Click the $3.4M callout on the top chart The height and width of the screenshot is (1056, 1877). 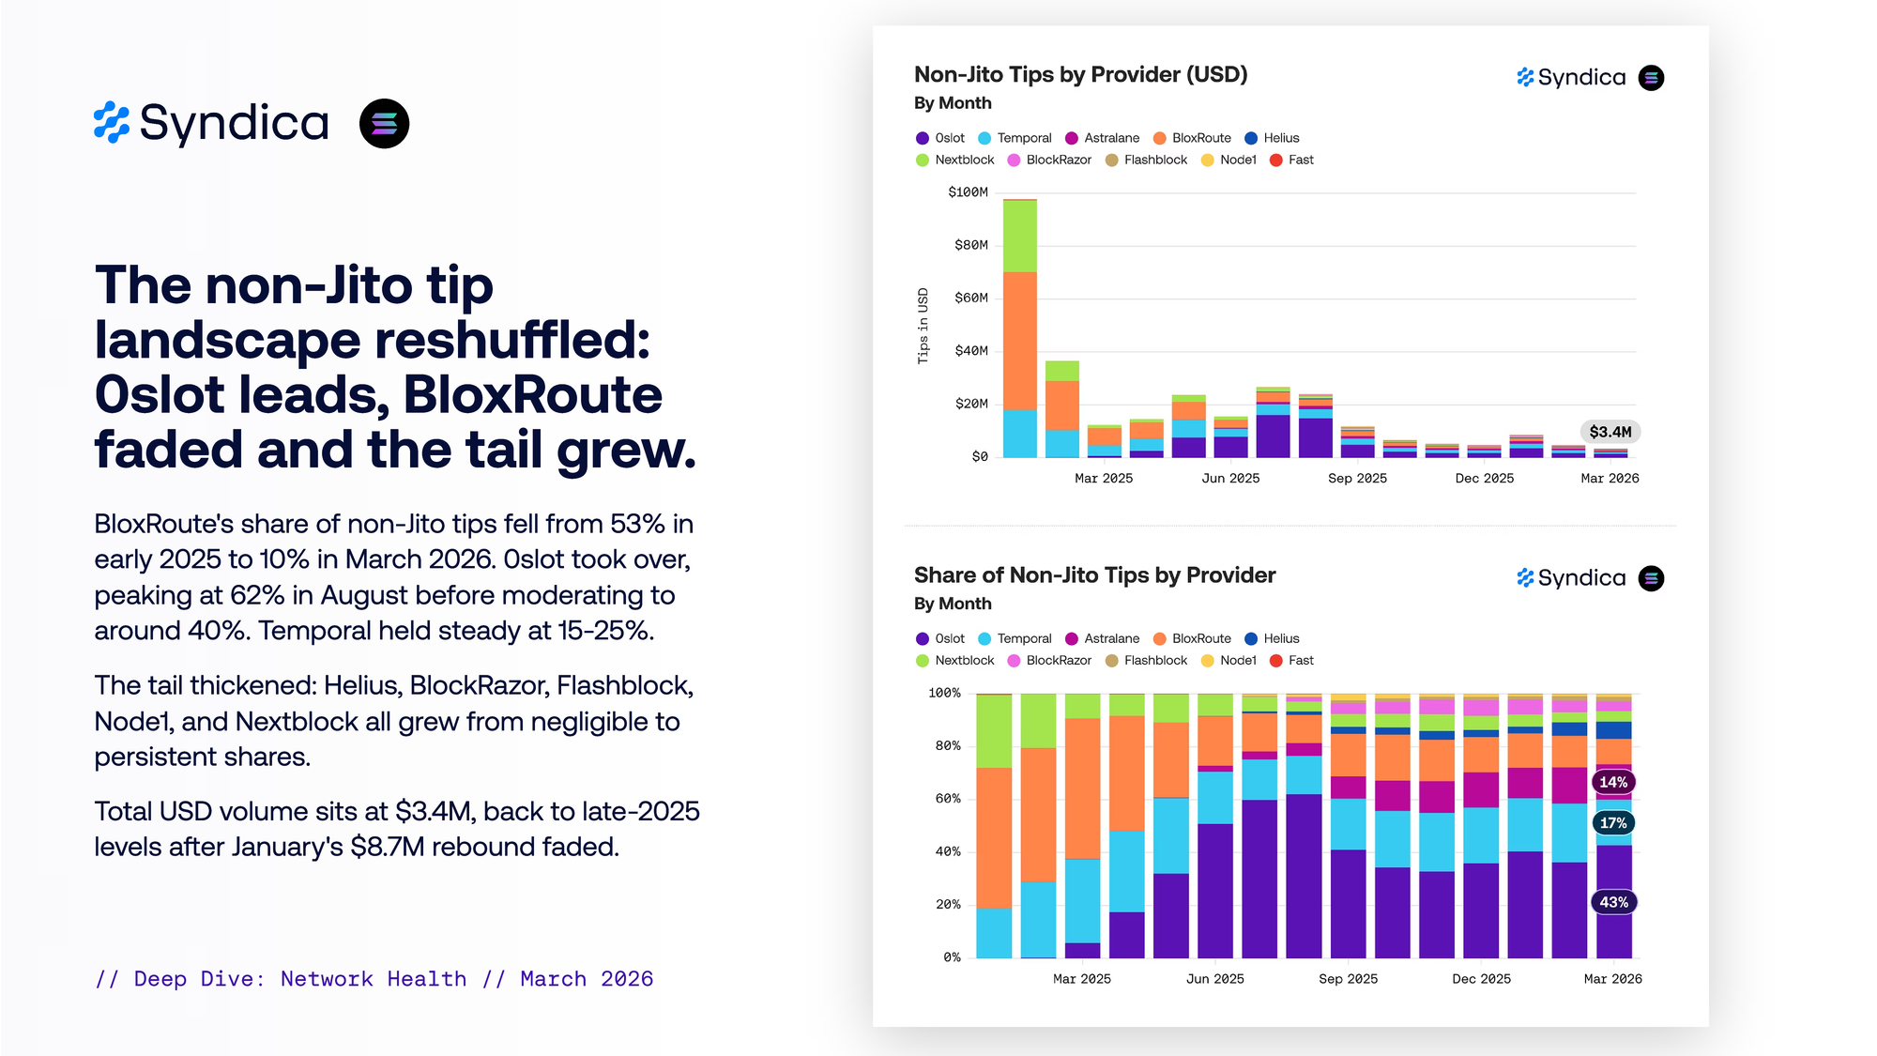[x=1610, y=432]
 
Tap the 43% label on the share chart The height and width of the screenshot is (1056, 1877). [x=1613, y=902]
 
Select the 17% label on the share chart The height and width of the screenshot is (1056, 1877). [x=1613, y=823]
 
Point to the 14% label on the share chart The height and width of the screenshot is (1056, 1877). [x=1613, y=782]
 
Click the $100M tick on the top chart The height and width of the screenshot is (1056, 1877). [x=968, y=192]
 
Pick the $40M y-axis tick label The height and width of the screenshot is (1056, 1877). [x=970, y=351]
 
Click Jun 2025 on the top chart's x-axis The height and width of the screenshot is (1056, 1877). [x=1230, y=479]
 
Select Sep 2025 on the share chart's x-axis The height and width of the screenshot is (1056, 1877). [x=1348, y=979]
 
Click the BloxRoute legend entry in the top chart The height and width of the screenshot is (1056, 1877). [x=1200, y=138]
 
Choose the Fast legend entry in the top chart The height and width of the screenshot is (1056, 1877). [x=1300, y=161]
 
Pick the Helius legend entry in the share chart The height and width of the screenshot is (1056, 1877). [x=1280, y=638]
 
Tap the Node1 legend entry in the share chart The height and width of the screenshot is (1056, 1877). [x=1237, y=661]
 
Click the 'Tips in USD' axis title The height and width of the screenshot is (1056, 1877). [x=923, y=326]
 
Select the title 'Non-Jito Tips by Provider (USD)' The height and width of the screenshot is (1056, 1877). [x=1080, y=75]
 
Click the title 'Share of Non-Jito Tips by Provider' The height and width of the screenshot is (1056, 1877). [x=1094, y=575]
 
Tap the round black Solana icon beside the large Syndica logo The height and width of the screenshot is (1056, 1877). [x=384, y=124]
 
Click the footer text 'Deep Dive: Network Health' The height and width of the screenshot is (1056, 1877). [x=300, y=979]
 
